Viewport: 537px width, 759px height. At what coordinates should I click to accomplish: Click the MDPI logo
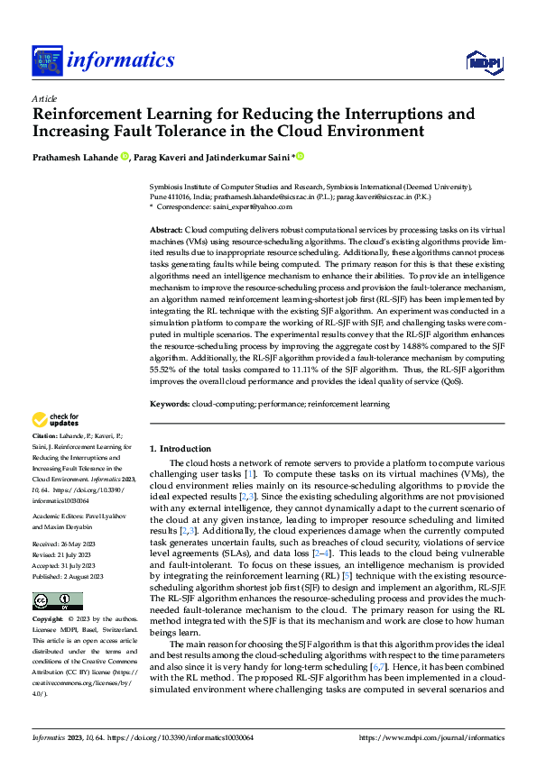[486, 61]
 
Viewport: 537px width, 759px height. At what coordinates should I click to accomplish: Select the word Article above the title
[43, 98]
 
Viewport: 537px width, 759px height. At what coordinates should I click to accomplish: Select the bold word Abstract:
[167, 232]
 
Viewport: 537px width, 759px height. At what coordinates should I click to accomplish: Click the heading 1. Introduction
[180, 448]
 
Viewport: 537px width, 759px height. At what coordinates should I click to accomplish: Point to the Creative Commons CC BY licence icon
[57, 576]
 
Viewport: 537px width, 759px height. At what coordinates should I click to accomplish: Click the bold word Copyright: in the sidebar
[49, 595]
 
